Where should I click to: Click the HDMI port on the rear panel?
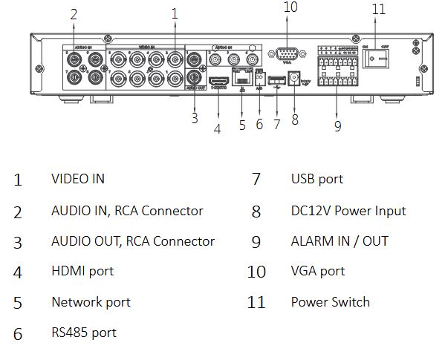[218, 79]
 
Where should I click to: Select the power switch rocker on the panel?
[378, 58]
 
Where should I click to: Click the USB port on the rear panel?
[276, 80]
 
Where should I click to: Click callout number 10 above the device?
[290, 7]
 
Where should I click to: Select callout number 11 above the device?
[379, 10]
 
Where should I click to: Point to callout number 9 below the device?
[337, 126]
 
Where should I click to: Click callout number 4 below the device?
[217, 128]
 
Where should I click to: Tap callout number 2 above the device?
[73, 13]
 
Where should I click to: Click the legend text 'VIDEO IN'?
[77, 179]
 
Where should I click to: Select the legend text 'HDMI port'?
[82, 271]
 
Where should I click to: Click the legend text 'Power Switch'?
[330, 301]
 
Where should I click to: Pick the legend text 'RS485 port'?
[84, 333]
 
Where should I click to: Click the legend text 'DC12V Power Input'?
[348, 211]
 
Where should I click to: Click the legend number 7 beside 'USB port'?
[256, 180]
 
